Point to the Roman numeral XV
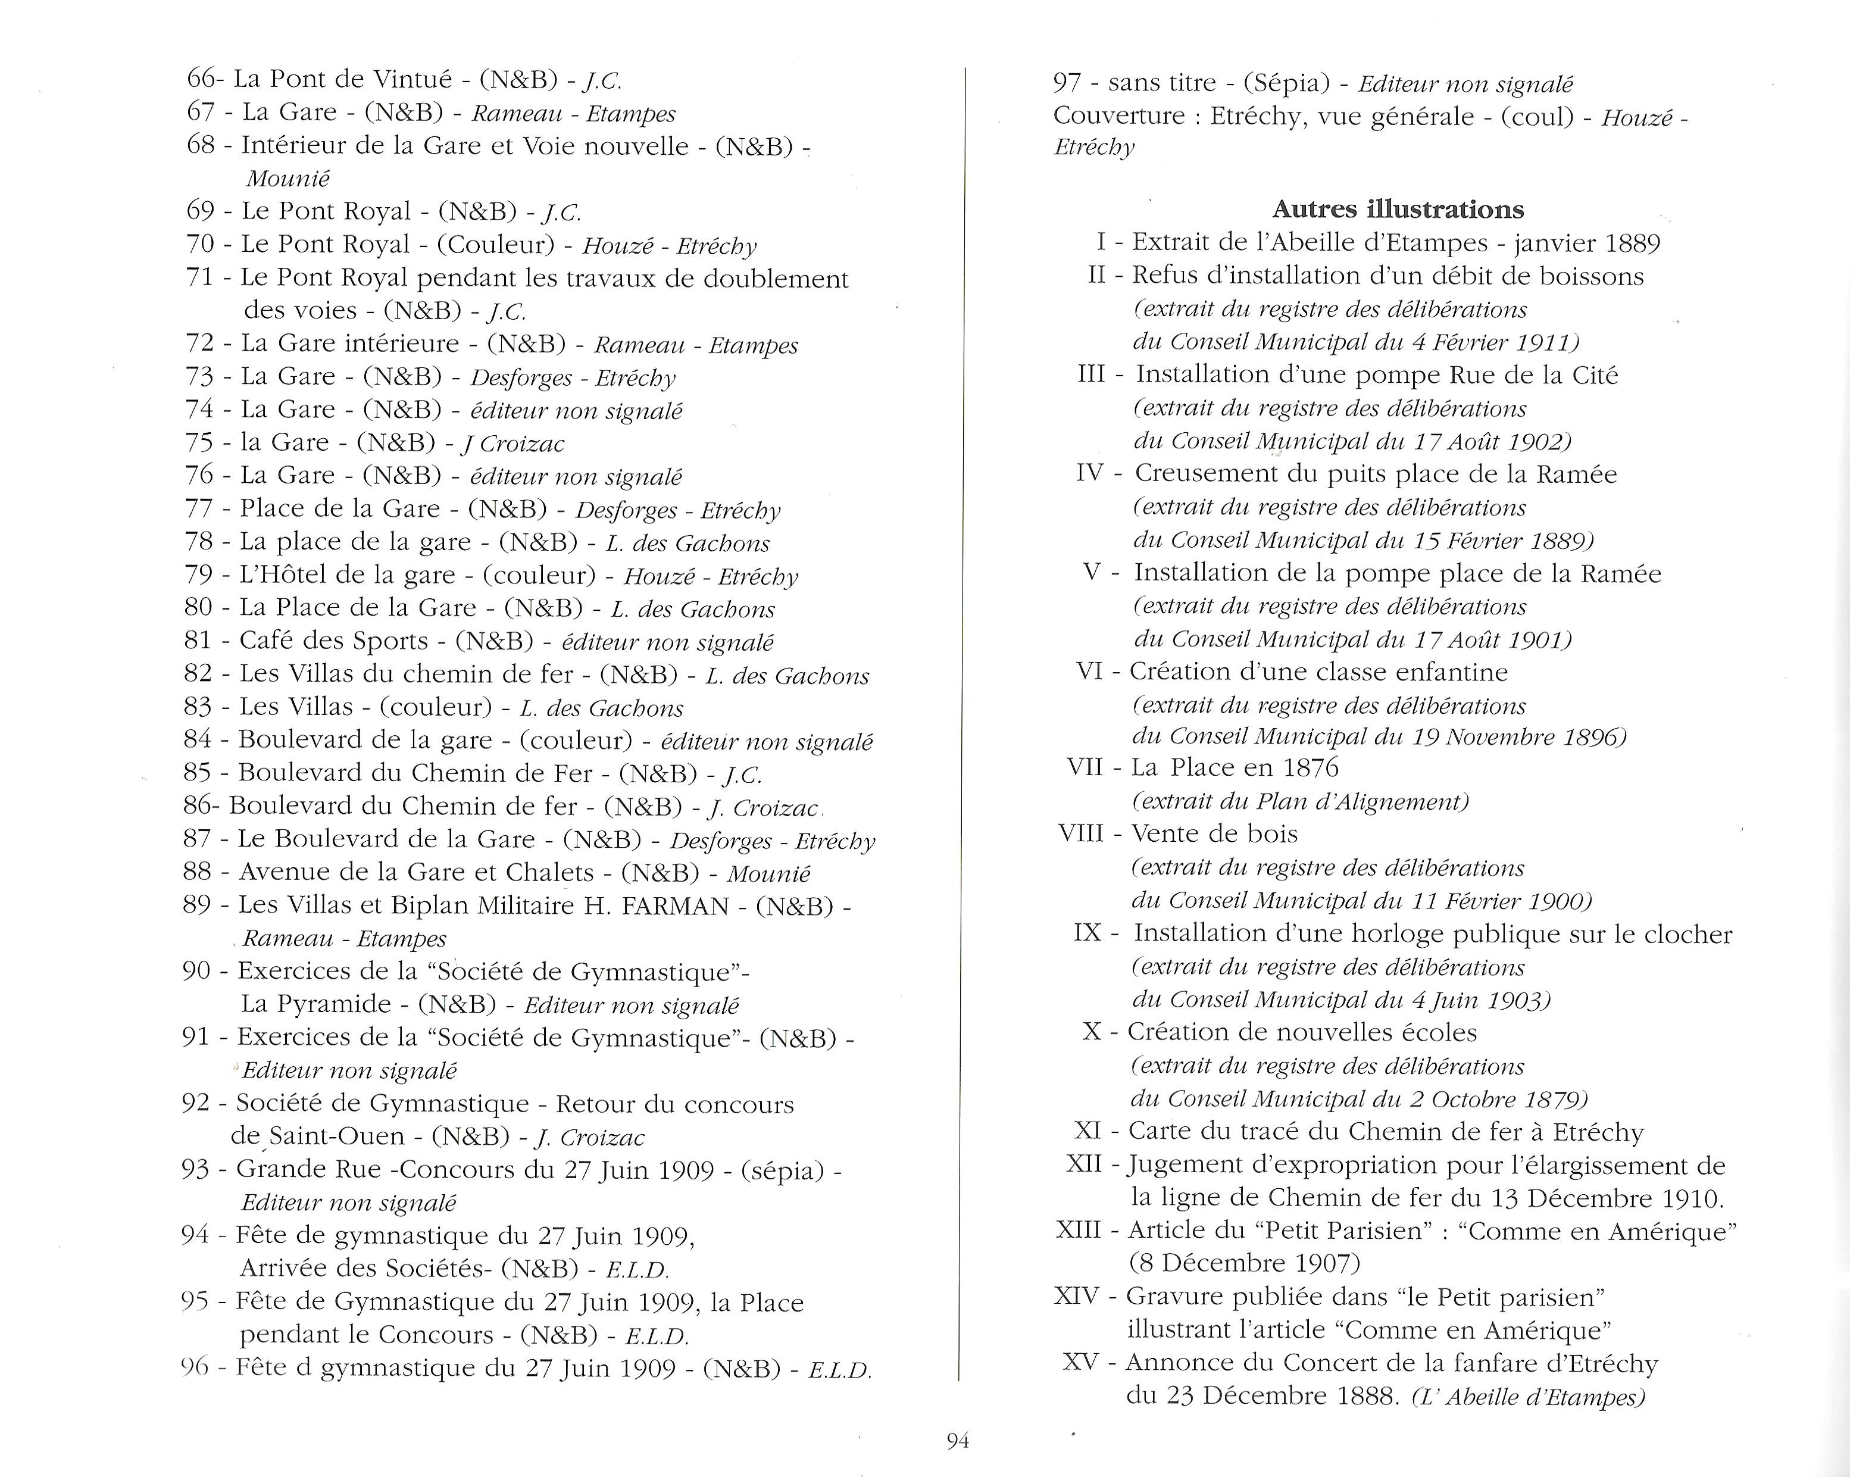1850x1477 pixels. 1079,1362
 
